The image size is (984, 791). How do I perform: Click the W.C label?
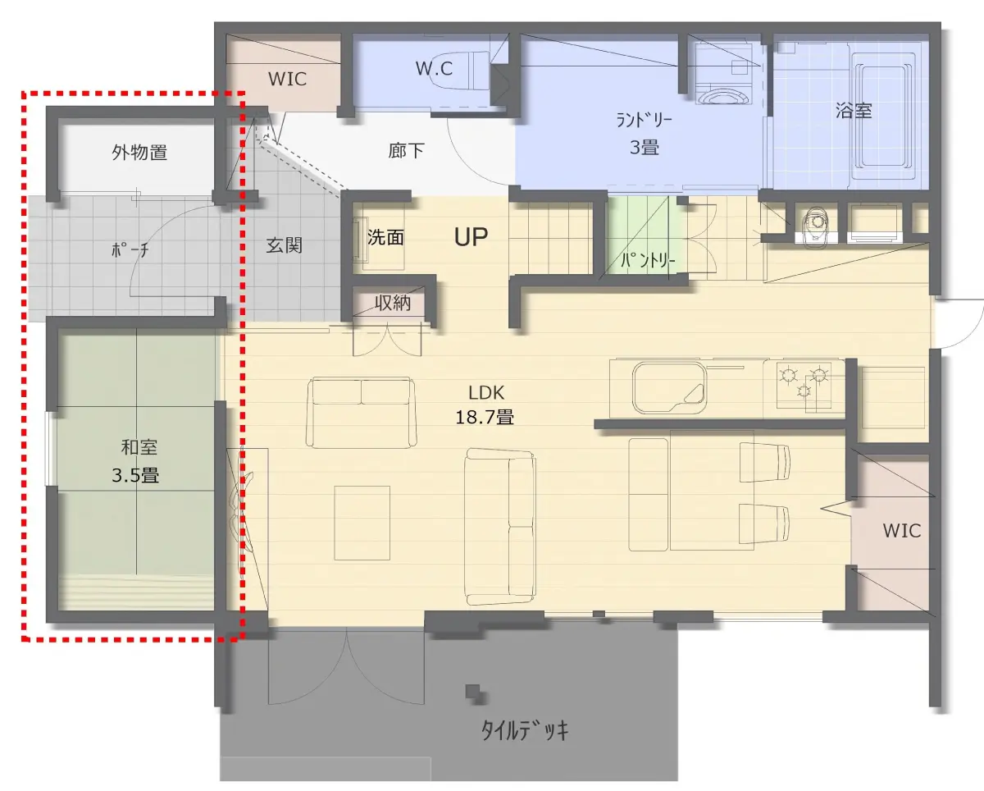[x=434, y=69]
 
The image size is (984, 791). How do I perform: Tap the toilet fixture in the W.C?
[x=465, y=74]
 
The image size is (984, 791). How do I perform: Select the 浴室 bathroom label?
[x=854, y=111]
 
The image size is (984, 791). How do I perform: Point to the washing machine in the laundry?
[x=724, y=74]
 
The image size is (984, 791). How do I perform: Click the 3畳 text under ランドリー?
[x=645, y=148]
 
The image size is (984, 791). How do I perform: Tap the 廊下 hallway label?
[x=406, y=150]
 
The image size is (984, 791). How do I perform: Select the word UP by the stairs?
[x=471, y=236]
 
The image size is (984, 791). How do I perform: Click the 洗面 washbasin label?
[x=385, y=237]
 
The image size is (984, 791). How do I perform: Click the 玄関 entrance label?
[x=284, y=245]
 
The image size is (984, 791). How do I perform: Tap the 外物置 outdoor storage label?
[x=139, y=152]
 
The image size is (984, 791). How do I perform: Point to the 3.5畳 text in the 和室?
[x=135, y=475]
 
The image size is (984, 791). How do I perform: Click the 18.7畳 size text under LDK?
[x=485, y=417]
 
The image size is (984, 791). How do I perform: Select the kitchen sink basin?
[x=669, y=388]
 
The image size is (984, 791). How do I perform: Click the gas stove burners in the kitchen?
[x=804, y=383]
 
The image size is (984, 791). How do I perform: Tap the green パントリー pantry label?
[x=648, y=260]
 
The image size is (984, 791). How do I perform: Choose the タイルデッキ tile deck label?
[x=525, y=730]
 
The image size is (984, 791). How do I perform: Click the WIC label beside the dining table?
[x=902, y=531]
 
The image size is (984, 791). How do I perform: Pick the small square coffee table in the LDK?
[x=362, y=523]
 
